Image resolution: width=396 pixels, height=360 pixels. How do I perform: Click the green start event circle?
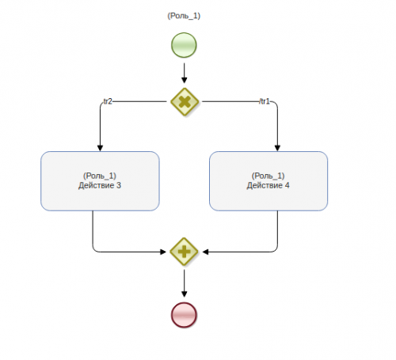coord(184,45)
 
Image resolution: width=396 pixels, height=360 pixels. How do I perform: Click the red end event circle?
coord(184,315)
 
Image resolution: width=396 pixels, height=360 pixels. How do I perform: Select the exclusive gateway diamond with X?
coord(185,101)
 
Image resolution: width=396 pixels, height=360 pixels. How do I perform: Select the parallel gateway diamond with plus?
coord(184,252)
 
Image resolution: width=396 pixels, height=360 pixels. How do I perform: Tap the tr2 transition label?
coord(108,101)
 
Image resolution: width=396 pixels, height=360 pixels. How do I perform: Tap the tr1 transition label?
coord(265,101)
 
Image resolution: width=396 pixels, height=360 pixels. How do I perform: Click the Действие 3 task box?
coord(100,181)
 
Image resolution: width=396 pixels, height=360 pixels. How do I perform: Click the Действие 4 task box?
coord(268,181)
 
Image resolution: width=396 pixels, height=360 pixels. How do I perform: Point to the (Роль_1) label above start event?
coord(184,16)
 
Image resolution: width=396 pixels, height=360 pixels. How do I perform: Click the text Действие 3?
coord(100,185)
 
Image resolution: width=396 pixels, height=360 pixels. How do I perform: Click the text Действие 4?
coord(268,185)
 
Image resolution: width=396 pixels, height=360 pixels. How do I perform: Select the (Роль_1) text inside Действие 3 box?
coord(100,176)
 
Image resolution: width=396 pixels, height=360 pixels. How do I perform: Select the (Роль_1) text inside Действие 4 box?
coord(268,176)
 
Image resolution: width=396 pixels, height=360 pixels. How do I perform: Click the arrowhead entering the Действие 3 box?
coord(100,148)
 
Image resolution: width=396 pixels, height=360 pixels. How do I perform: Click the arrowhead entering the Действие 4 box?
coord(277,148)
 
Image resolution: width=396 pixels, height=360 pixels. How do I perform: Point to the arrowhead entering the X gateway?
coord(185,80)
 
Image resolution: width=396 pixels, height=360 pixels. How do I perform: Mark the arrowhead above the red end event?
coord(185,294)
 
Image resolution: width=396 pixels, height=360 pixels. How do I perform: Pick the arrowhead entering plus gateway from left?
coord(163,252)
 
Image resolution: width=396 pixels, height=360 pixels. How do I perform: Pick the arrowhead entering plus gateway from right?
coord(205,252)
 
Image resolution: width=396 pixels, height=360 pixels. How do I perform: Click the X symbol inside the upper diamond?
coord(185,102)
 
